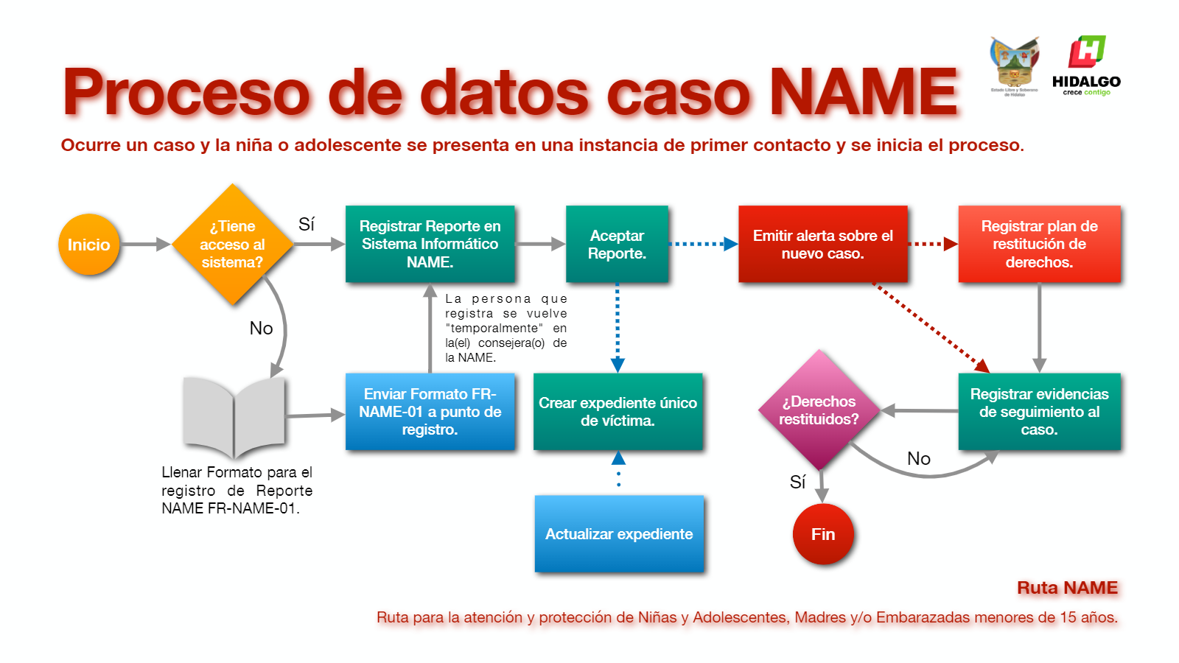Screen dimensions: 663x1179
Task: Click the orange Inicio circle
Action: [88, 245]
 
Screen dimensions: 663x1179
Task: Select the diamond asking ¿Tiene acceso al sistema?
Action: [232, 245]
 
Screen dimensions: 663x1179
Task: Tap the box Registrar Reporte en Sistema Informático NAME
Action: [430, 244]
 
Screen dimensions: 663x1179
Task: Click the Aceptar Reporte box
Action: [617, 244]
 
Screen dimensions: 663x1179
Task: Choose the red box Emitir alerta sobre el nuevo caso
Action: [822, 244]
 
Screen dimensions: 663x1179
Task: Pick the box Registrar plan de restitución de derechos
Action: [1039, 244]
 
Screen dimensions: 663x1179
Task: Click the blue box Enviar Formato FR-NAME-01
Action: [430, 412]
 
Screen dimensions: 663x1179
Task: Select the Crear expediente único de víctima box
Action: [618, 412]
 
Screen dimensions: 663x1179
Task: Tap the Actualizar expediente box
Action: [619, 534]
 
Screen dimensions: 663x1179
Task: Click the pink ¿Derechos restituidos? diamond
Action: [819, 410]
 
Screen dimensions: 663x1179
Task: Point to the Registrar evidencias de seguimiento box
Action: [1039, 412]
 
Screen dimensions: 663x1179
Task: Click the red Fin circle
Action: [823, 534]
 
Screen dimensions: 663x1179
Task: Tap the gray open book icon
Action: [234, 416]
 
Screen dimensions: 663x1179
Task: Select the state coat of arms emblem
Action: [1014, 65]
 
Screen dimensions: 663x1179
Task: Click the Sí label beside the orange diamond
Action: [307, 224]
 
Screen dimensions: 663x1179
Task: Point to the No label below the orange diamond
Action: [261, 328]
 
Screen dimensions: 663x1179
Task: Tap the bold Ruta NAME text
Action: [1067, 588]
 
